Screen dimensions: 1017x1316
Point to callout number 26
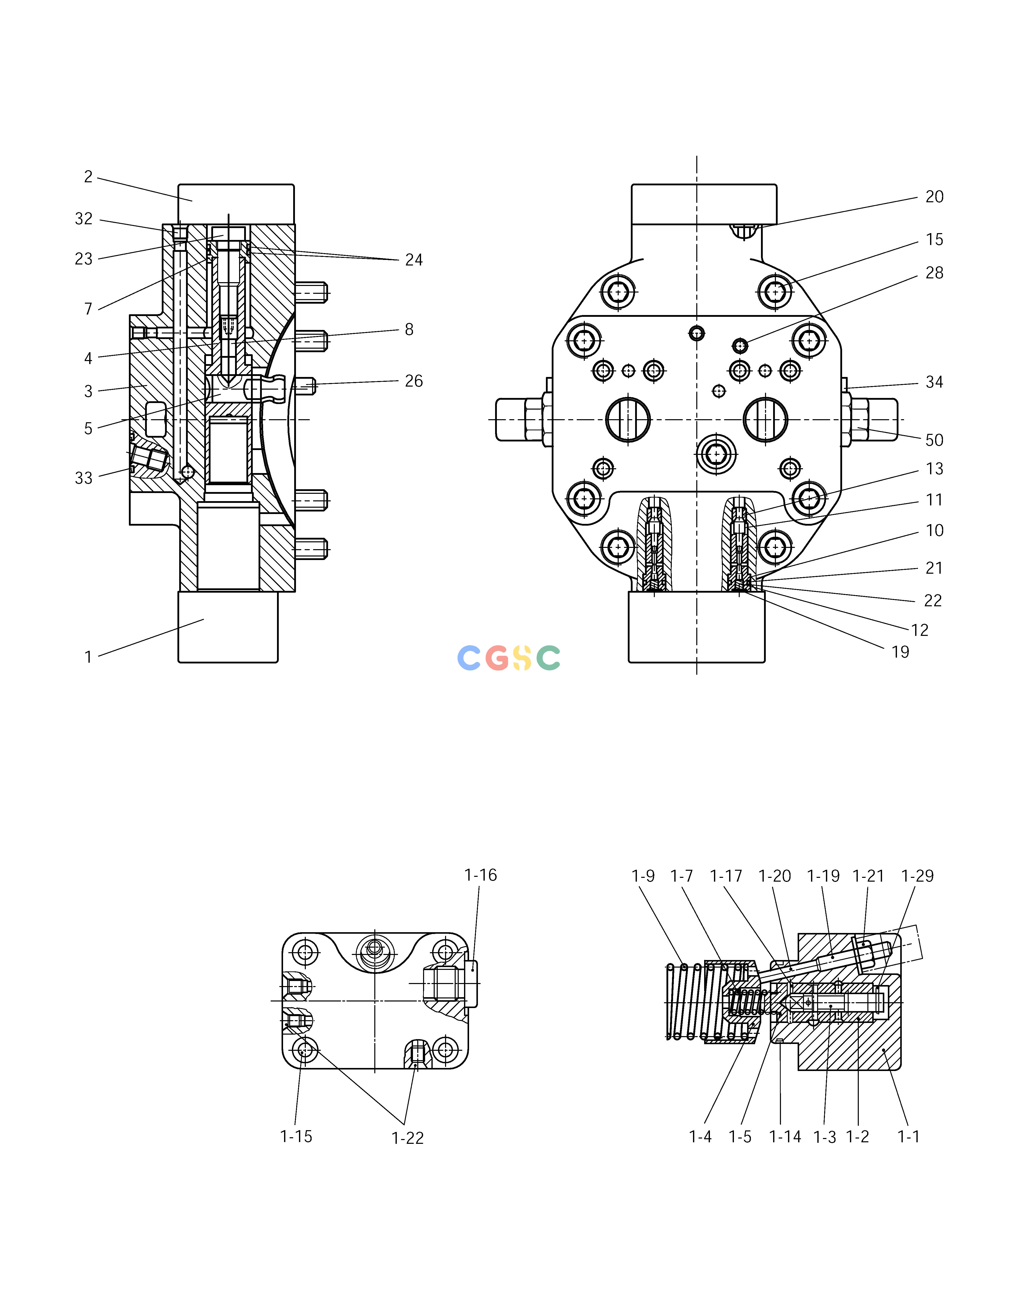(x=414, y=381)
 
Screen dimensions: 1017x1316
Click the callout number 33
(x=84, y=478)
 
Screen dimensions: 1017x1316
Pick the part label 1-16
(x=481, y=875)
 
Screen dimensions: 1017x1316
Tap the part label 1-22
(x=408, y=1138)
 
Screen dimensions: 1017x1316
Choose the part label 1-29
(x=917, y=876)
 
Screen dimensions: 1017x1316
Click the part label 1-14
(x=785, y=1137)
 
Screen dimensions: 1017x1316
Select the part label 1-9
(x=643, y=876)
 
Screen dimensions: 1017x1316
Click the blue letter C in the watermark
(x=469, y=658)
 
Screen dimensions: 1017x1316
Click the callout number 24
(x=414, y=260)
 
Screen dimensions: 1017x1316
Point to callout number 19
(x=900, y=652)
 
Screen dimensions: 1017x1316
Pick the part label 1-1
(x=909, y=1137)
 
